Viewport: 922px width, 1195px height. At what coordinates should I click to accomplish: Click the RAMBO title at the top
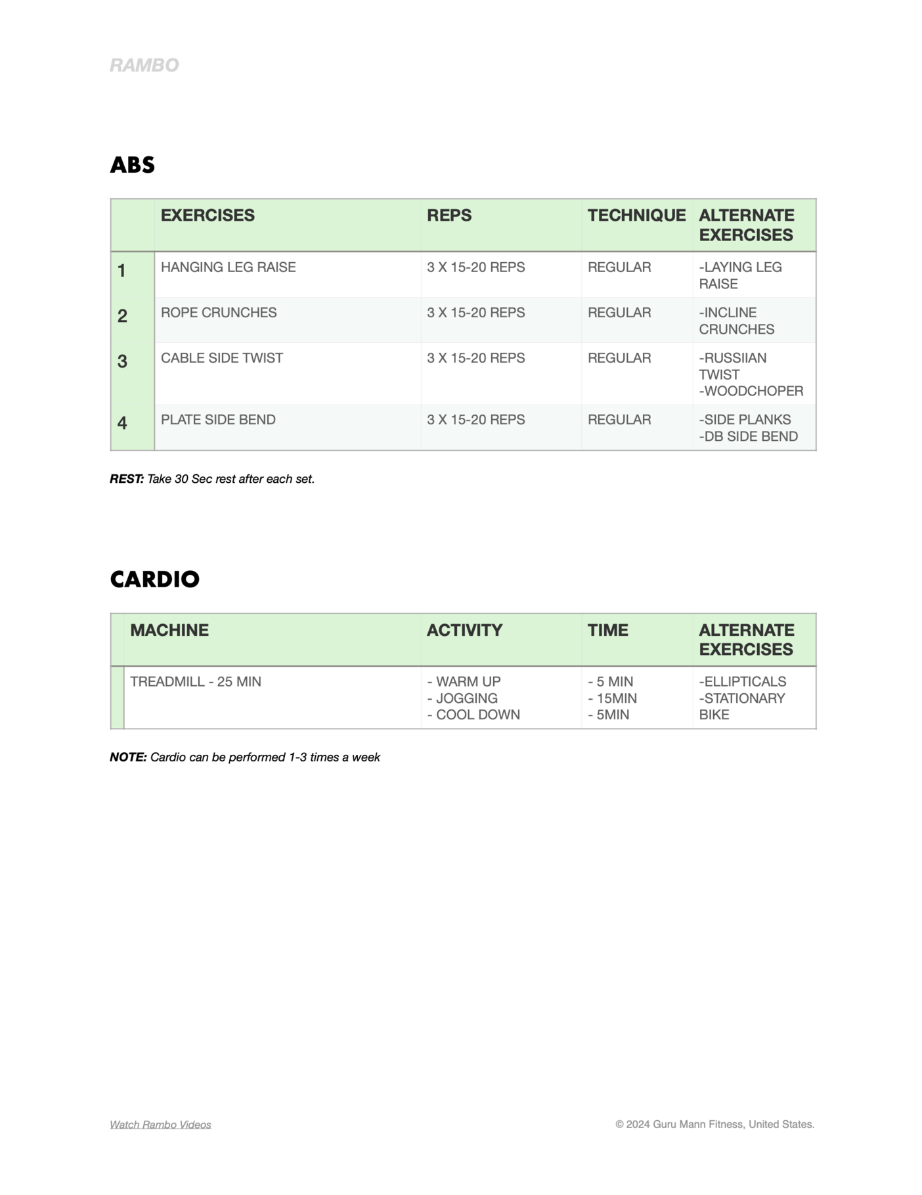(x=144, y=65)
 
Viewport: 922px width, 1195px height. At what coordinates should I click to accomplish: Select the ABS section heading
(x=132, y=165)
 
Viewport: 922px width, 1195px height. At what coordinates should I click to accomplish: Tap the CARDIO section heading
(x=154, y=579)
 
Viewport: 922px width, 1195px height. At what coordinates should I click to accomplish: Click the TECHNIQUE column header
(x=636, y=215)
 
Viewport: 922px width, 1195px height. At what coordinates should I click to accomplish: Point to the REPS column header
(x=449, y=215)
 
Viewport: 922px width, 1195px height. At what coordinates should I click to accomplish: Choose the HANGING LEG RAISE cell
(x=228, y=267)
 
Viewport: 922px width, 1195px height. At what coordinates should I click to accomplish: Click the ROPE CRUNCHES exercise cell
(x=219, y=313)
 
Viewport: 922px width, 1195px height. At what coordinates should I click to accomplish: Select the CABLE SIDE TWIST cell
(x=221, y=358)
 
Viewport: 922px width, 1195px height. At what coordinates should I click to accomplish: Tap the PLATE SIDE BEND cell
(x=218, y=420)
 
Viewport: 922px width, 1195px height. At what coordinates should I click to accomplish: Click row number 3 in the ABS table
(x=122, y=361)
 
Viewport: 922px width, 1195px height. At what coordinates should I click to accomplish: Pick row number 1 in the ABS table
(x=121, y=271)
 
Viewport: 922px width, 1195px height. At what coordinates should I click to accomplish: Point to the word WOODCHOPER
(x=753, y=391)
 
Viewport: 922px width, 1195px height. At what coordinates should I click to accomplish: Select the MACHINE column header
(x=169, y=630)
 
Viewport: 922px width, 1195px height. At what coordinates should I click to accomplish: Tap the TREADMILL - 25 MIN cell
(x=195, y=682)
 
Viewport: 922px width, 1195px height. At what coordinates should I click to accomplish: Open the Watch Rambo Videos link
(x=160, y=1125)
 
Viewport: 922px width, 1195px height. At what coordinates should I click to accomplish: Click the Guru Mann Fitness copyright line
(x=714, y=1124)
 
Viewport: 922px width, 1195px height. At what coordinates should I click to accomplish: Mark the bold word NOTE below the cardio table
(x=127, y=757)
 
